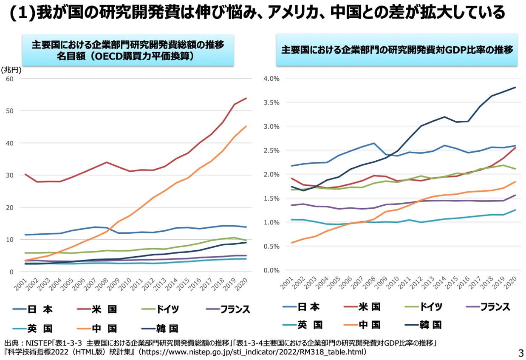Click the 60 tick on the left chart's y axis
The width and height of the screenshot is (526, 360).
9,79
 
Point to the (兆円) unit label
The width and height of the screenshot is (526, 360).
11,70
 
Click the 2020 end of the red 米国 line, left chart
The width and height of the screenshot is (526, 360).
246,98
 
